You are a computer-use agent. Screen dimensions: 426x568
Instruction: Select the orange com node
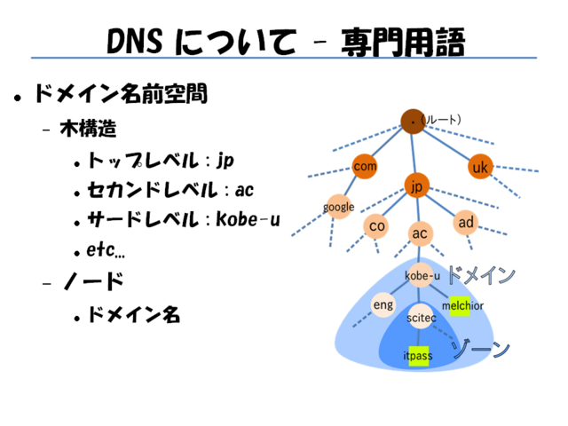tap(365, 166)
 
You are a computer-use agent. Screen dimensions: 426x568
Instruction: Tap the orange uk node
tap(480, 167)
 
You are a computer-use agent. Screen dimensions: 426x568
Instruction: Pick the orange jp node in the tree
tap(417, 185)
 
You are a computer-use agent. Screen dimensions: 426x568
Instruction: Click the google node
tap(338, 207)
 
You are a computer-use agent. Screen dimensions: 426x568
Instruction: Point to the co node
tap(377, 226)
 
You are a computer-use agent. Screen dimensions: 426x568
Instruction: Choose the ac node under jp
tap(420, 233)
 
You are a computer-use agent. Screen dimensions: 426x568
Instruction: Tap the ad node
tap(466, 221)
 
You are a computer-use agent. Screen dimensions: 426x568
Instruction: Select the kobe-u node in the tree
tap(422, 275)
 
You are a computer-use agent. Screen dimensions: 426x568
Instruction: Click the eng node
tap(383, 304)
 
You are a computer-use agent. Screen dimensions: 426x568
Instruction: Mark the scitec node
tap(421, 316)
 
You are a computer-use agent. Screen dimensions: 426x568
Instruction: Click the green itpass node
tap(418, 356)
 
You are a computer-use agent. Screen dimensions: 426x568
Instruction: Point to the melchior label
tap(461, 305)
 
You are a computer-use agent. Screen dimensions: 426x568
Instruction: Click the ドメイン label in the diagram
tap(479, 275)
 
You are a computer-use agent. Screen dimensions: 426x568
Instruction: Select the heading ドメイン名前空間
tap(120, 93)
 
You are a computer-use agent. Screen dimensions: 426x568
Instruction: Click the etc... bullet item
tap(106, 249)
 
